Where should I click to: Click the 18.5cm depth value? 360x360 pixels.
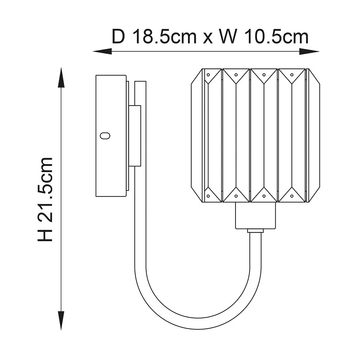tap(165, 36)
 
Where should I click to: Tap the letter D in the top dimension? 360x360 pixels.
tap(118, 36)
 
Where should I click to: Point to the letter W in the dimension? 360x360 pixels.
tap(228, 36)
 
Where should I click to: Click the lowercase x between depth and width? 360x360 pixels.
tap(208, 38)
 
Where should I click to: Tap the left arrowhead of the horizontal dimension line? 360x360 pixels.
tap(102, 51)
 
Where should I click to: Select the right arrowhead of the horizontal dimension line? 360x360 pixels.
tap(309, 51)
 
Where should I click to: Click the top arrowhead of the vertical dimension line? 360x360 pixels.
tap(61, 78)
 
